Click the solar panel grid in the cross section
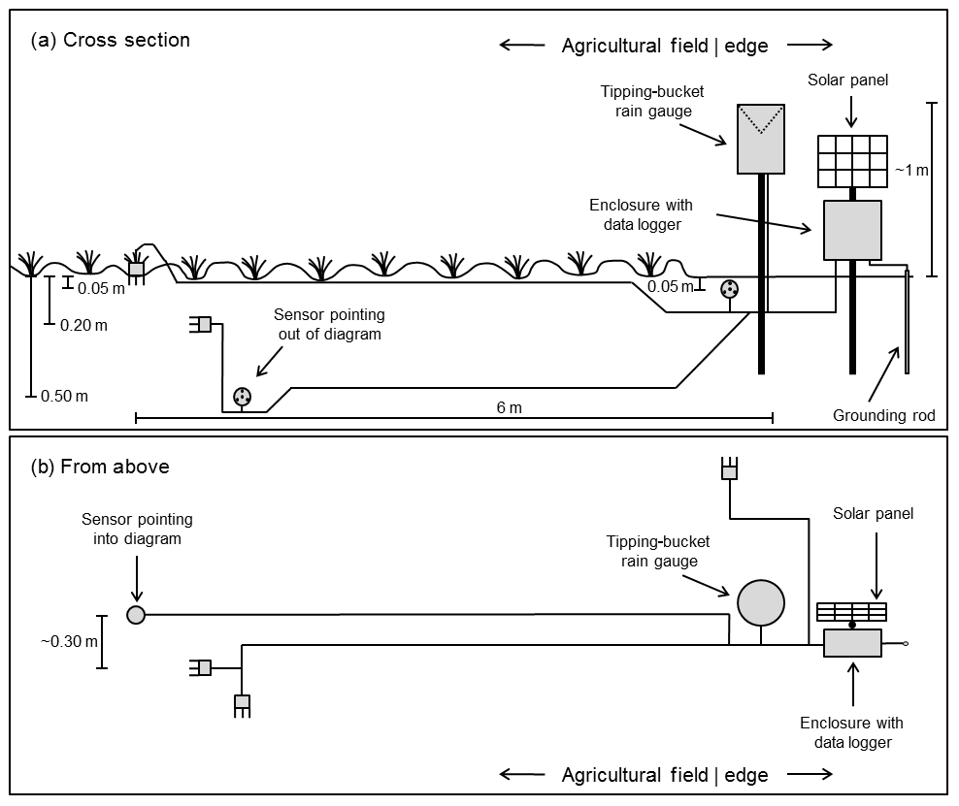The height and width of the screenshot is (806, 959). point(852,161)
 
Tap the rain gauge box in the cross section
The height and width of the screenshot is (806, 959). point(760,139)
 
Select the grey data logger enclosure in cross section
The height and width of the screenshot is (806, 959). point(852,230)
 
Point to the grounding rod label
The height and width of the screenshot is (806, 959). point(883,416)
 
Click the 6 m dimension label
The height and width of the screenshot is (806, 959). point(509,407)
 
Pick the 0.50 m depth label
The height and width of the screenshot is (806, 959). point(64,396)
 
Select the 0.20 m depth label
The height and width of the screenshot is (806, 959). point(83,325)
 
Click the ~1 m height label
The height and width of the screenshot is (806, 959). point(910,171)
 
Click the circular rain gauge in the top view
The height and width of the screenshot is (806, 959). point(760,603)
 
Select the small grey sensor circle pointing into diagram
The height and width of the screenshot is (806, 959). point(136,614)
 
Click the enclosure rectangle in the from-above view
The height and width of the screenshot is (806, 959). point(852,643)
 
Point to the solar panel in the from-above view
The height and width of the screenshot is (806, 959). point(852,611)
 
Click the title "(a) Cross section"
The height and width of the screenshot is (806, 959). point(111,40)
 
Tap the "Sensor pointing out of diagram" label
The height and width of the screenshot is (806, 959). point(329,325)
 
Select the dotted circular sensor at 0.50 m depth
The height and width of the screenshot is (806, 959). point(242,396)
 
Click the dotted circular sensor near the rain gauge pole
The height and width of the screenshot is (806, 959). point(729,288)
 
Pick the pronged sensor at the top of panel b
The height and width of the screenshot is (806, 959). point(729,469)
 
